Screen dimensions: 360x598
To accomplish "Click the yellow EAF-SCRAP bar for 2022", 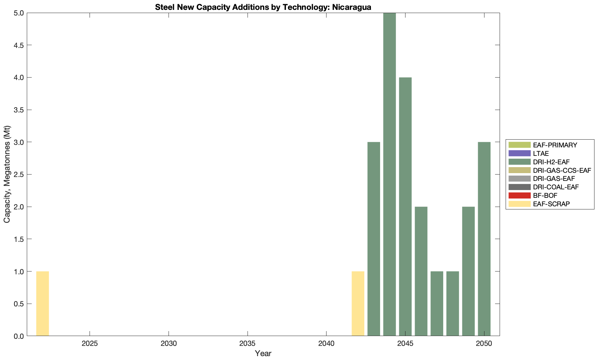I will [x=42, y=304].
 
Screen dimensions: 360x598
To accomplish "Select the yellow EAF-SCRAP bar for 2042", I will [x=358, y=304].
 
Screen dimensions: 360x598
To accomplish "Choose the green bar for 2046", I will [x=421, y=271].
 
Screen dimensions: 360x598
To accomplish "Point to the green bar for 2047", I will [x=437, y=304].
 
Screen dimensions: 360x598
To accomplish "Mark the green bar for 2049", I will [x=468, y=271].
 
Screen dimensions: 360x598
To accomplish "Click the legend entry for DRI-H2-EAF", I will [x=551, y=162].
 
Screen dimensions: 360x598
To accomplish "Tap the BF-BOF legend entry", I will [x=545, y=195].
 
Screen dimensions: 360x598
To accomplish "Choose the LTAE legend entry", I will [x=541, y=153].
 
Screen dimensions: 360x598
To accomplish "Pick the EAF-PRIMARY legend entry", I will [x=555, y=145].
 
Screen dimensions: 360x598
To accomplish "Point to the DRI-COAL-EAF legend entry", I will [x=556, y=187].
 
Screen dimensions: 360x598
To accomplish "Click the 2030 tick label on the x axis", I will [x=169, y=344].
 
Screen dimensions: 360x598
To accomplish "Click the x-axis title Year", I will [x=263, y=353].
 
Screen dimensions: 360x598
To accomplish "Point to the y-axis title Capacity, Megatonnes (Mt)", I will [x=7, y=174].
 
